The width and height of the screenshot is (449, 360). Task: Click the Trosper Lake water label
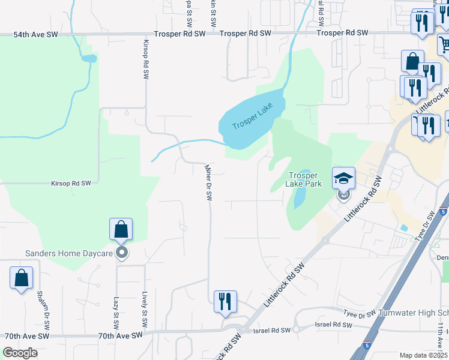[252, 118]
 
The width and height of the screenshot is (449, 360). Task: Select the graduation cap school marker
[343, 178]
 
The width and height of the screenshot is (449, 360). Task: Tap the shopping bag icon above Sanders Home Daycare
[121, 229]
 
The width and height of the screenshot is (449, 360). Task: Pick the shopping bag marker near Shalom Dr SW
[21, 278]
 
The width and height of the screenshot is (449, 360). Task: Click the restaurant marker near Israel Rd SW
[225, 302]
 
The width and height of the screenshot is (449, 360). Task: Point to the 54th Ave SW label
[36, 35]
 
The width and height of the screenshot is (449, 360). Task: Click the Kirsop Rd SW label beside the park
[71, 182]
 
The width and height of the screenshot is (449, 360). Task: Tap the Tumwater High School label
[414, 313]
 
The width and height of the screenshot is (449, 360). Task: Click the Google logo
[20, 353]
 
